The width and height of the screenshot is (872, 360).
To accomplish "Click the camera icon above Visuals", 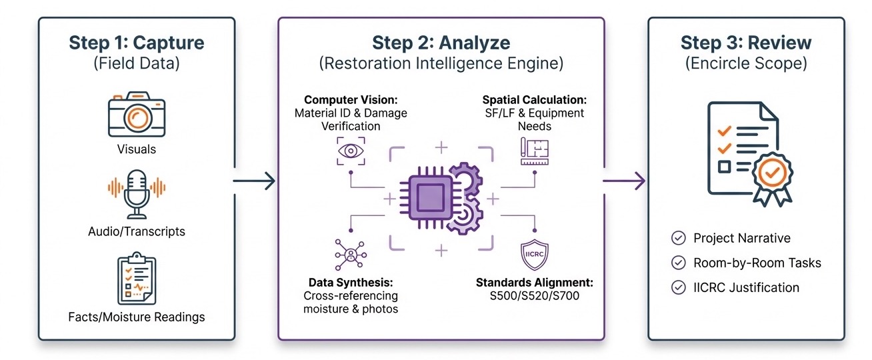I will [x=136, y=115].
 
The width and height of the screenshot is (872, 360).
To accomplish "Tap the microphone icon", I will [x=137, y=192].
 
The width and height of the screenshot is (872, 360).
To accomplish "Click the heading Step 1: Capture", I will [x=136, y=43].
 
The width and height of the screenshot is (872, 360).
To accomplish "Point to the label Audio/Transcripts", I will [x=137, y=232].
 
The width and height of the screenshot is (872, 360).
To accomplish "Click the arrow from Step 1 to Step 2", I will [x=255, y=180].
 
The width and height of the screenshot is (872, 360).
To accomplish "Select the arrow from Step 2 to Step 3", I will [x=625, y=180].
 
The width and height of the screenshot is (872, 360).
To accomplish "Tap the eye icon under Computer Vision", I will [x=351, y=151].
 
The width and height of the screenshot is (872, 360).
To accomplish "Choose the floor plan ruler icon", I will [x=534, y=151].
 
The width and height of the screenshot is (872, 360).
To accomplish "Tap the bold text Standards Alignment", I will [x=534, y=282].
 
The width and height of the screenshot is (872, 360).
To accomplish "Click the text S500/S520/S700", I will [x=534, y=295].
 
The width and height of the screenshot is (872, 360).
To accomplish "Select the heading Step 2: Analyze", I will [x=441, y=43].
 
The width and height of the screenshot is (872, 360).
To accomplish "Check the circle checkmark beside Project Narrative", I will [x=678, y=238].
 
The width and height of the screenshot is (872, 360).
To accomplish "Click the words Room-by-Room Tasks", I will [x=757, y=263].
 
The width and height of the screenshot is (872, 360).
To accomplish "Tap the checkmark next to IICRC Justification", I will [x=678, y=287].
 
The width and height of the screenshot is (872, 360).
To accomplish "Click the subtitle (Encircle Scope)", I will [x=746, y=64].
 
